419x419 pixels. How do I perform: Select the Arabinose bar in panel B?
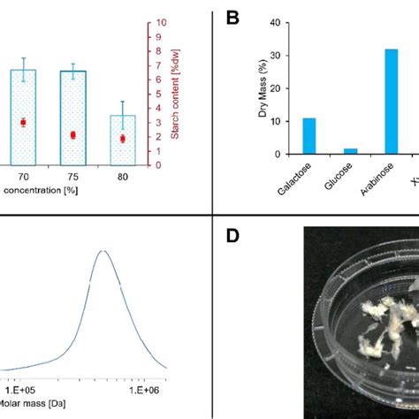(391, 102)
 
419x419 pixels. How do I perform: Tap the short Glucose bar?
(350, 151)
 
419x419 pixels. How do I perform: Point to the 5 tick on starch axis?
(159, 94)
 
